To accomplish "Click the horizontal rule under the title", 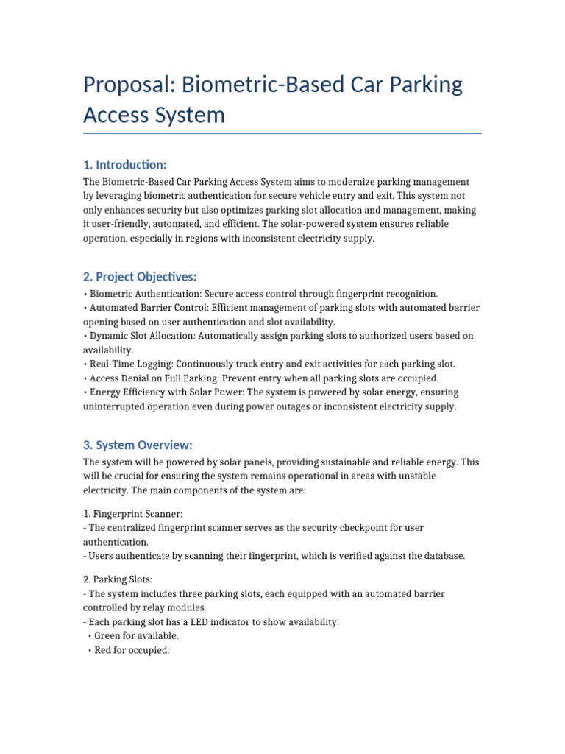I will click(282, 133).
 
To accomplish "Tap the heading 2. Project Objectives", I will click(140, 277).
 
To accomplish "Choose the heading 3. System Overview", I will click(138, 445).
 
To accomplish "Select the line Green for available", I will click(136, 636).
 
